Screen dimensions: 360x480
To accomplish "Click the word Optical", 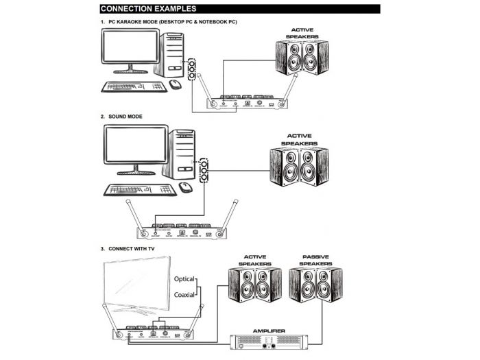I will [x=184, y=280].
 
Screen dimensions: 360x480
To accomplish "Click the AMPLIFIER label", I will [x=269, y=331].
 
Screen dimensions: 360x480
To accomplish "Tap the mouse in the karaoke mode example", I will [x=175, y=84].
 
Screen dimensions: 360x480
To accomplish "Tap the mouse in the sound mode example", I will [x=184, y=187].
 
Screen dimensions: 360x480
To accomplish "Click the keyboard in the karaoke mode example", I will [x=133, y=86].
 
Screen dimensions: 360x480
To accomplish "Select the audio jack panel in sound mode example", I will [x=204, y=169].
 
